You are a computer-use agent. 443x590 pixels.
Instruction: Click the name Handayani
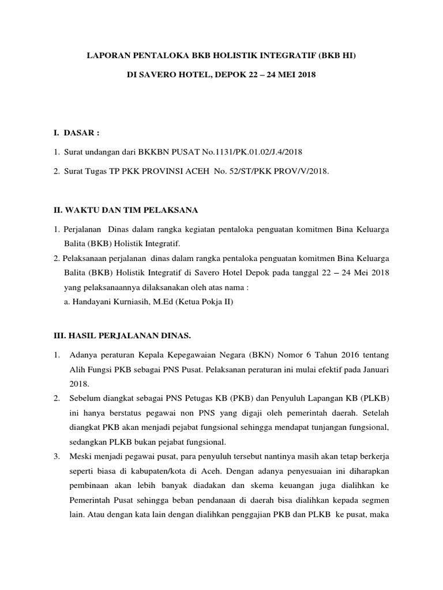pyautogui.click(x=95, y=301)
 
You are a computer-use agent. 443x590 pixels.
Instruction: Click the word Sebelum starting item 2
pyautogui.click(x=87, y=398)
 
